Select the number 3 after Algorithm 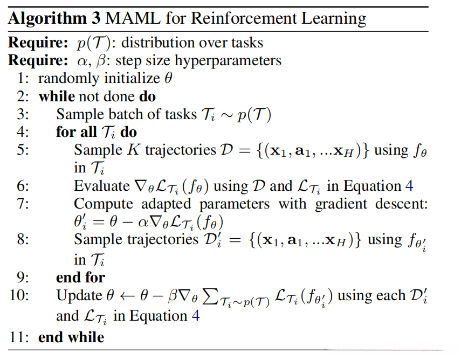coord(93,19)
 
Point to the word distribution coord(168,44)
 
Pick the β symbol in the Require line coord(102,60)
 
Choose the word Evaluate coord(101,186)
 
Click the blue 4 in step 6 coord(409,186)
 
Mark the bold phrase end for coord(80,278)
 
